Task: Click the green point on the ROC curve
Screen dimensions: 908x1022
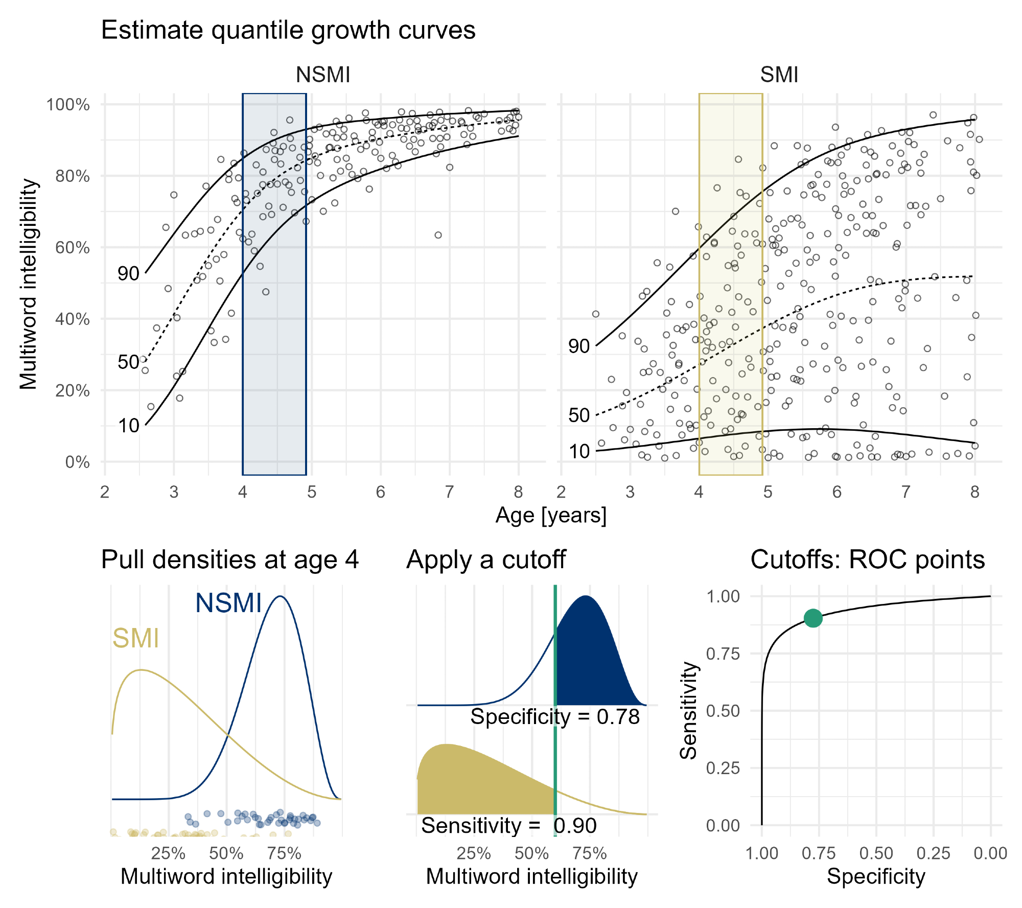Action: click(x=812, y=618)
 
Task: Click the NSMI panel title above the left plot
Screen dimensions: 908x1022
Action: click(x=323, y=75)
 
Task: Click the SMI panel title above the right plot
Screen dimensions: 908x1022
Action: click(x=779, y=75)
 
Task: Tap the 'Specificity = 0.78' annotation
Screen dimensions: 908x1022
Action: click(x=555, y=717)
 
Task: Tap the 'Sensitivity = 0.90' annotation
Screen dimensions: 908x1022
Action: click(x=509, y=826)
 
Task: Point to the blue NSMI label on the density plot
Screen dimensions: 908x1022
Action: click(x=228, y=603)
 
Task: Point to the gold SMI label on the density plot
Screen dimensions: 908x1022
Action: click(x=135, y=639)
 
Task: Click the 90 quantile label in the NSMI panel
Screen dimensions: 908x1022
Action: click(x=128, y=274)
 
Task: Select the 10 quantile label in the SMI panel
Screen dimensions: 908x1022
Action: click(x=579, y=452)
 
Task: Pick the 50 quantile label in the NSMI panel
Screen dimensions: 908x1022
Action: click(x=128, y=362)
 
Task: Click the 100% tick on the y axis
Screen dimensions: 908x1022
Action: click(x=68, y=105)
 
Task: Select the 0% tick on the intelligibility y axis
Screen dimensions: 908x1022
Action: click(x=77, y=462)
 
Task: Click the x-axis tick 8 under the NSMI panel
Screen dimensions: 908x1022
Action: click(x=518, y=492)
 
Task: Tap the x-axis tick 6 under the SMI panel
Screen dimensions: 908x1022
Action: click(x=837, y=492)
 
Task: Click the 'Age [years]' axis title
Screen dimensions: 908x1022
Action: click(x=551, y=516)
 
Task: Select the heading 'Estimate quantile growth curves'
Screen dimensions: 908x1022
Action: click(x=288, y=30)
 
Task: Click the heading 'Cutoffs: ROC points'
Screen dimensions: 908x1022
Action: click(x=867, y=560)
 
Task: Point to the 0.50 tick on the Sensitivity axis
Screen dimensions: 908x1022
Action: click(x=723, y=711)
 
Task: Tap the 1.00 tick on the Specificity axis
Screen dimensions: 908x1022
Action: click(x=761, y=853)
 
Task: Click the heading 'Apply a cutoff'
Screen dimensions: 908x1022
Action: click(x=485, y=560)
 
